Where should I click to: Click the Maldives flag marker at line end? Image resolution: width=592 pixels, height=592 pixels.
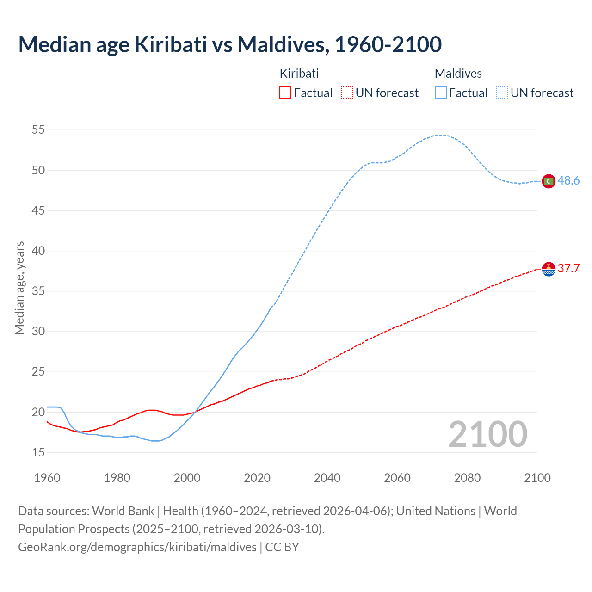point(549,181)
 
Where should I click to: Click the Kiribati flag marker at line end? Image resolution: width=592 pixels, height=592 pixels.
point(549,269)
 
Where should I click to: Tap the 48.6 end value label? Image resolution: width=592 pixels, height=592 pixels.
point(568,181)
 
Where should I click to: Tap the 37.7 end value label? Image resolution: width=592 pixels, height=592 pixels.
point(568,269)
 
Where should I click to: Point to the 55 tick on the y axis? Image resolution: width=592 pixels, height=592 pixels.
point(38,130)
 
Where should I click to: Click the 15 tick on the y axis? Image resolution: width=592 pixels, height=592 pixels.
point(38,452)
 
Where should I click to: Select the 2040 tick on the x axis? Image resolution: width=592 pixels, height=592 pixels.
point(327,478)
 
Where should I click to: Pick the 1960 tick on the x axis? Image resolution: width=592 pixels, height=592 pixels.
point(47,478)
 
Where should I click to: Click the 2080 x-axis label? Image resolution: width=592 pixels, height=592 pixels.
point(467,478)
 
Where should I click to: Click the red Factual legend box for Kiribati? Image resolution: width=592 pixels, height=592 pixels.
point(285,93)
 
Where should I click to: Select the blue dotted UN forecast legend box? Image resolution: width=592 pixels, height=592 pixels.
point(502,93)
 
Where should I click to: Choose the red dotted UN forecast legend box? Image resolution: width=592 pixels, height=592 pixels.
point(347,93)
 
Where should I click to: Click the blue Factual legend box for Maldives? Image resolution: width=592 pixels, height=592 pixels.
point(441,93)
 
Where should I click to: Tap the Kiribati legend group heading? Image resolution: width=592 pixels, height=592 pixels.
point(299,74)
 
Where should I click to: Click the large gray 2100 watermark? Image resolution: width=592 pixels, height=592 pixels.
point(487,434)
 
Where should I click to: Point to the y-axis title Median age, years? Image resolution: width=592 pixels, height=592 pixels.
point(19,288)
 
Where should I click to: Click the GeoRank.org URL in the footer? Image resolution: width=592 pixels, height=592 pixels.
point(137,547)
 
